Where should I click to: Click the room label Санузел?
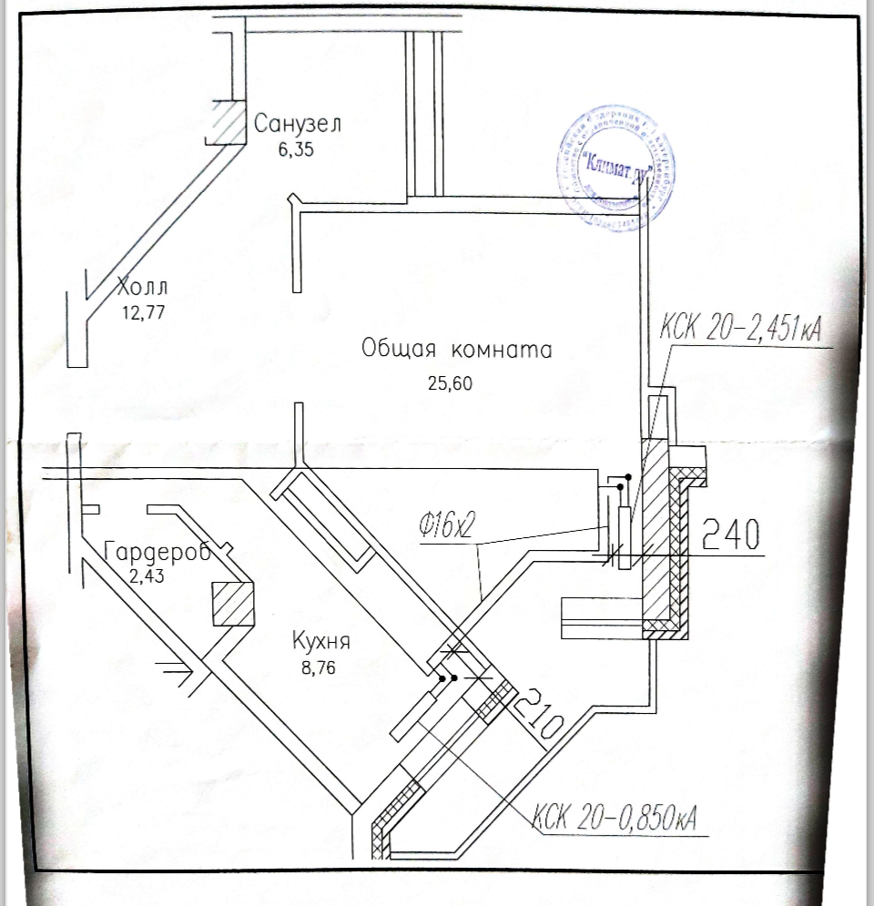coord(298,124)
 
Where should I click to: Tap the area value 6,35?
coord(296,151)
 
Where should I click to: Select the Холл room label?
coord(143,289)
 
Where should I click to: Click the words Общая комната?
coord(456,350)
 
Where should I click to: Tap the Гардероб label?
coord(157,551)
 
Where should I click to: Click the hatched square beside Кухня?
coord(232,604)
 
